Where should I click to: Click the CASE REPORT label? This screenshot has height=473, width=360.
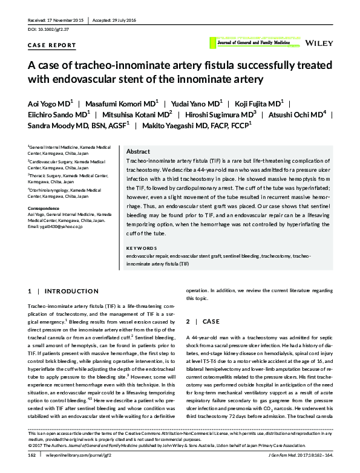(x=52, y=45)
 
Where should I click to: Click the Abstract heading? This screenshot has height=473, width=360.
(x=138, y=152)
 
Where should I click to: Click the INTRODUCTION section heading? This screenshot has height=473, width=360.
(x=71, y=292)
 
